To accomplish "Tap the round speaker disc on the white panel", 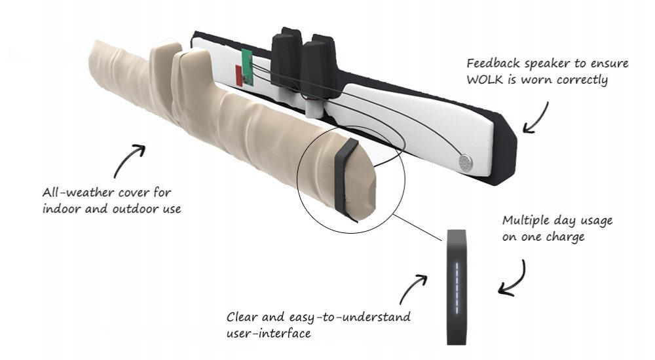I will point(466,162).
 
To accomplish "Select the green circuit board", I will point(247,67).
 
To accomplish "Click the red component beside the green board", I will point(238,75).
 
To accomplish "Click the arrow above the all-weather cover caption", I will point(130,159).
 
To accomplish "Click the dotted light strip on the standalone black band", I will point(455,281).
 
